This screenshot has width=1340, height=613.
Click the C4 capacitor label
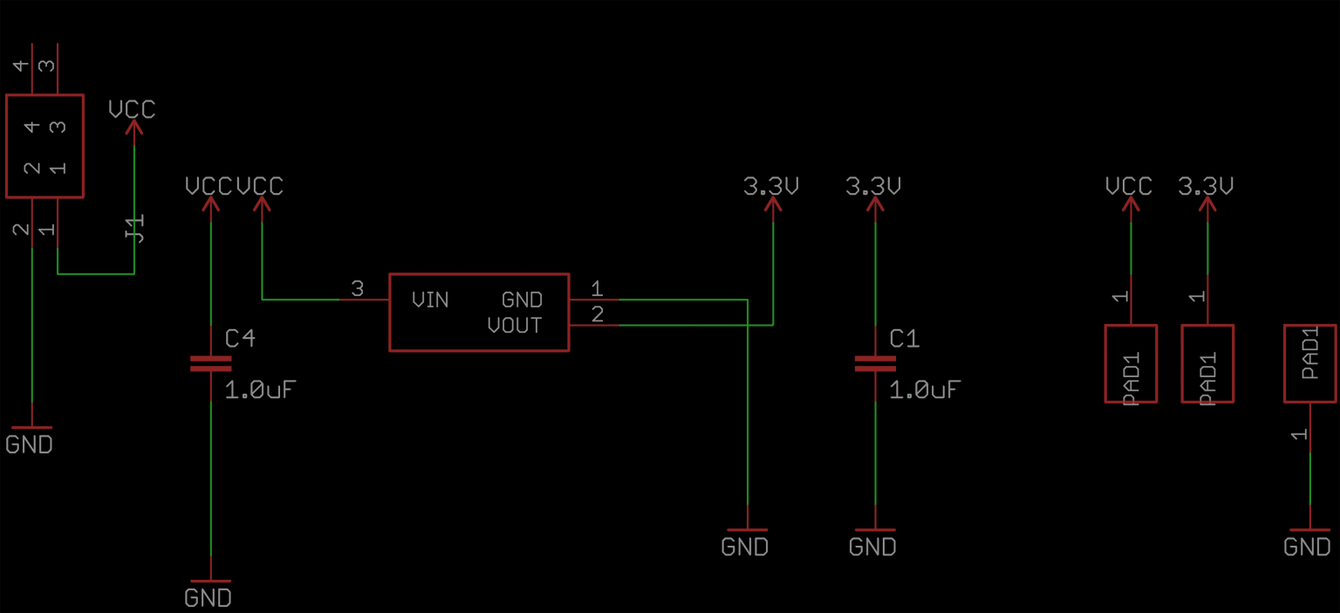[240, 339]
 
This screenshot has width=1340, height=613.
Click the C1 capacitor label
[905, 339]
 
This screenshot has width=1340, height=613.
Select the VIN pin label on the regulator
[430, 300]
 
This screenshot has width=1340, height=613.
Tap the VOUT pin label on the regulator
[515, 327]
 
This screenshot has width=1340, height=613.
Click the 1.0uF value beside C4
[261, 389]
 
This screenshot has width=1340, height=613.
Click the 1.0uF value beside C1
[925, 389]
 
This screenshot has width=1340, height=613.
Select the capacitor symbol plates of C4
[210, 363]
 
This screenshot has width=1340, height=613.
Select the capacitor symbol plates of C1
[875, 363]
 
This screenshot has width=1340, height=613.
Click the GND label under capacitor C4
[208, 598]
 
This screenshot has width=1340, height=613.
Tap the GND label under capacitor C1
[872, 548]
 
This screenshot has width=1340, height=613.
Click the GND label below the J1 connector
[29, 444]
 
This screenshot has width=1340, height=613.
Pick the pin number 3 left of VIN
[358, 289]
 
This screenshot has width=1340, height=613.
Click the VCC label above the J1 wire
[132, 109]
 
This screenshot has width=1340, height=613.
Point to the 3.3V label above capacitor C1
[873, 186]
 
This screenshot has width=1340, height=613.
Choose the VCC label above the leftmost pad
[1129, 186]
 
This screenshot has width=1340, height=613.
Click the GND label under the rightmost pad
[1307, 548]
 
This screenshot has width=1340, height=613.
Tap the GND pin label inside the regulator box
[522, 300]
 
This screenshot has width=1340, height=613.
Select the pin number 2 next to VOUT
[597, 315]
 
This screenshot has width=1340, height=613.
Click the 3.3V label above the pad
[1206, 186]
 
